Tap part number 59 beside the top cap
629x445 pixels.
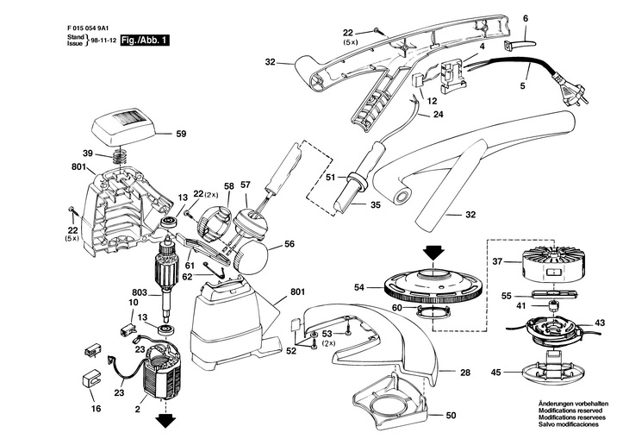tap(181, 134)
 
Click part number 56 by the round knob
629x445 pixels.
tap(290, 244)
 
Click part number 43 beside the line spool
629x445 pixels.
tap(600, 323)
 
